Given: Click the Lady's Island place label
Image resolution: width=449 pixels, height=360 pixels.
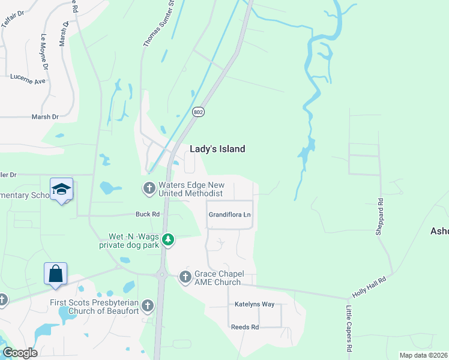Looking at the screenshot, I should click(217, 149).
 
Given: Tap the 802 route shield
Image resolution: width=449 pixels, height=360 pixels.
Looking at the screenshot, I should click(198, 112).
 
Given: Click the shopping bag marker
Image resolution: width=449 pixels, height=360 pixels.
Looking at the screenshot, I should click(55, 274).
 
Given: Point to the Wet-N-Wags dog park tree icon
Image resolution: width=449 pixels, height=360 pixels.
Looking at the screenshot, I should click(169, 240).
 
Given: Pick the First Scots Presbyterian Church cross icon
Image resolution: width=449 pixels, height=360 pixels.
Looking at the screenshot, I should click(148, 306).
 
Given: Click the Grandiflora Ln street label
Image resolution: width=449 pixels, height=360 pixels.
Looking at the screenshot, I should click(229, 214).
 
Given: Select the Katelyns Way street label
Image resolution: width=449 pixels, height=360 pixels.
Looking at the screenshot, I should click(255, 304).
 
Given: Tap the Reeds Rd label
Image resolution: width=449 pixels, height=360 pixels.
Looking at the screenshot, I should click(245, 327).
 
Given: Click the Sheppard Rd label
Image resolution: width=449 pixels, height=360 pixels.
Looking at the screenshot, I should click(380, 216).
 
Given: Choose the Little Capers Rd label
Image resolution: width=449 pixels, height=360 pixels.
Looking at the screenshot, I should click(349, 329).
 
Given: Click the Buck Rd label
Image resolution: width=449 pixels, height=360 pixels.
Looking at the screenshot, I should click(147, 214).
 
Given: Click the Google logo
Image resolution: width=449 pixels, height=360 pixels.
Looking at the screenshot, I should click(20, 352).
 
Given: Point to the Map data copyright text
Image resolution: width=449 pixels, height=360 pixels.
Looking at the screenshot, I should click(423, 355).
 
